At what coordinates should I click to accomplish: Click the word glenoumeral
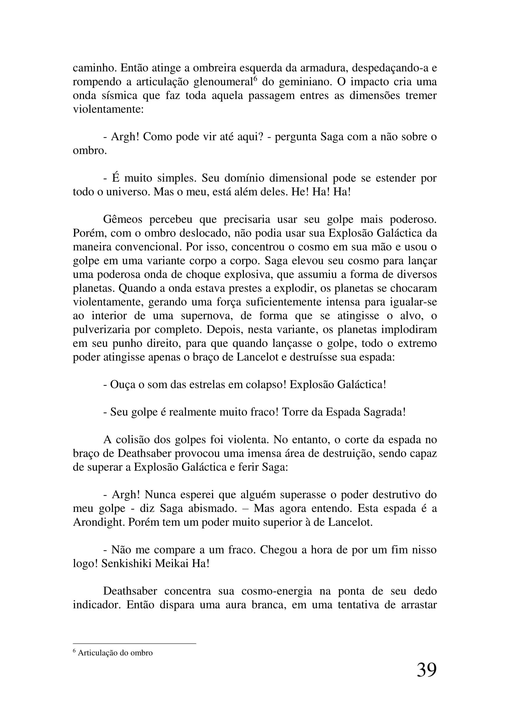point(223,82)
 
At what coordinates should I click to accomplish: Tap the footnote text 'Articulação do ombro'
point(115,653)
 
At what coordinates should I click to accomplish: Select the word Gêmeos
point(122,220)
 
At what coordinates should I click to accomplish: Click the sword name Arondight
point(98,522)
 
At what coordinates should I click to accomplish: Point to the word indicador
point(97,605)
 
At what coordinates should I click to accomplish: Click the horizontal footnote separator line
point(134,643)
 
